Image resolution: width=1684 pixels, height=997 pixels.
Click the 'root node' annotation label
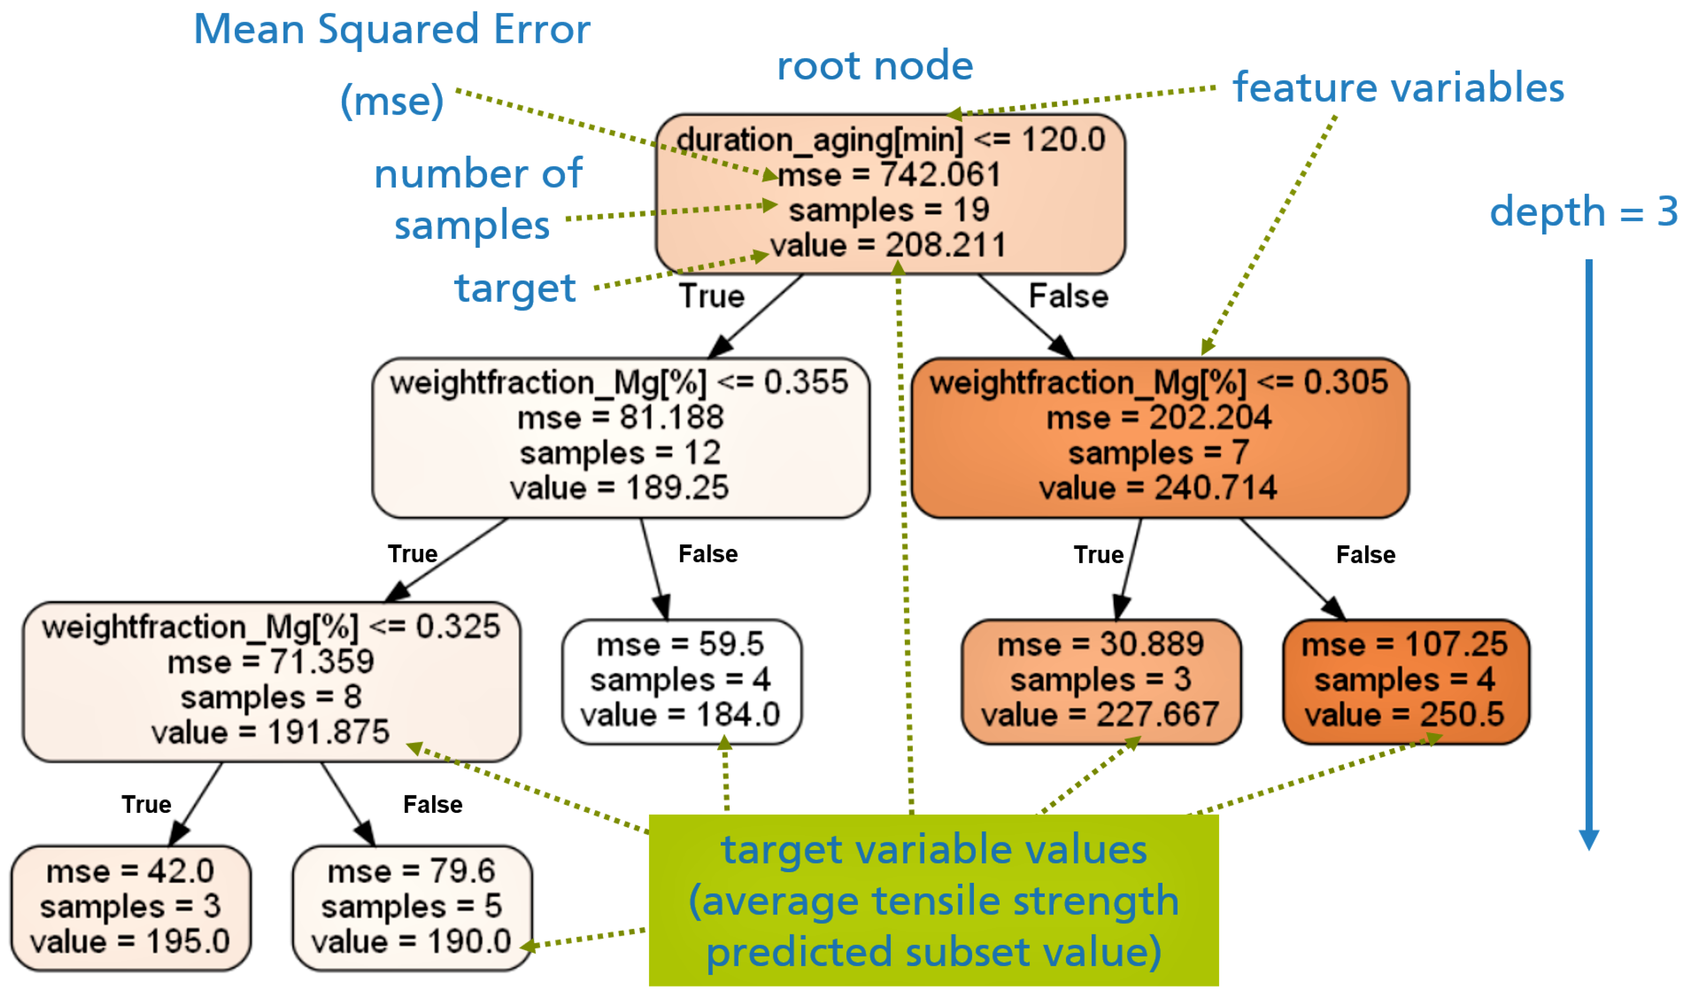coord(874,66)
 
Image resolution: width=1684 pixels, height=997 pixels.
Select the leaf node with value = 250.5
coord(1406,681)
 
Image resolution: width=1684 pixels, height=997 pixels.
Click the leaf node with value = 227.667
coord(1100,681)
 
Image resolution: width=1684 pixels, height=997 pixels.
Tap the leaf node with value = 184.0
coord(681,681)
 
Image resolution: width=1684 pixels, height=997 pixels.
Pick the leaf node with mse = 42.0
coord(130,908)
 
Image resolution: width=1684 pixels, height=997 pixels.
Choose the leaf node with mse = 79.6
coord(411,908)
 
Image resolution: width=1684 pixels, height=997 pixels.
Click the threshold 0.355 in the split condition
coord(806,382)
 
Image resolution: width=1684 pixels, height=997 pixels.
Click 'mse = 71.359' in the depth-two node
coord(271,662)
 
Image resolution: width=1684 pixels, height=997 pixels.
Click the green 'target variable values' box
coord(933,901)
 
